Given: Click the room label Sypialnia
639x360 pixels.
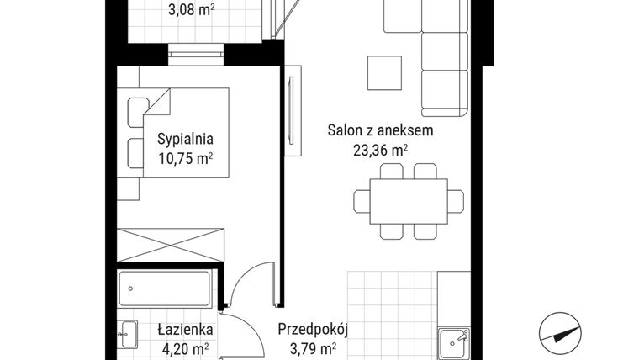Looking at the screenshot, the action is point(186,140).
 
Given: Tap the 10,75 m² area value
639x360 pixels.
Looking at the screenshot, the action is point(186,158).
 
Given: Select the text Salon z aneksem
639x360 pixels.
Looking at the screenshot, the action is point(380,130).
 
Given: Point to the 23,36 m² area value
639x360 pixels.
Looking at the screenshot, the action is point(380,151).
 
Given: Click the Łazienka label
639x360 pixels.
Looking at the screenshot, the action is point(186,330).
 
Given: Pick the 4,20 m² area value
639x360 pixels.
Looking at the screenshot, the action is point(186,349).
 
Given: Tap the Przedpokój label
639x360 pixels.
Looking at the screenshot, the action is point(313,330).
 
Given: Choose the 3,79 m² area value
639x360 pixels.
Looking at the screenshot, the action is point(313,349).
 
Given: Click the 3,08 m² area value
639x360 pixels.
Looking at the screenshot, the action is point(192,9).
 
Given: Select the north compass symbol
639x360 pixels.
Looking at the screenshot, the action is point(560,333).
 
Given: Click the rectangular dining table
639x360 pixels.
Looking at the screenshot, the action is point(409,201).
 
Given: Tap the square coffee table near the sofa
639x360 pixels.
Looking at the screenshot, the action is point(384,73).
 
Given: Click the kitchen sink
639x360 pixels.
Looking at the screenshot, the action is point(454,341).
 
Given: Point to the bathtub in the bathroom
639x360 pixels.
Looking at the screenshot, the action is point(164,289).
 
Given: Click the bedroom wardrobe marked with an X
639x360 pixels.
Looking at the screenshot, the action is point(171,245).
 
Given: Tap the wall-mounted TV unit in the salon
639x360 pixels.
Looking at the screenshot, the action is point(293,110).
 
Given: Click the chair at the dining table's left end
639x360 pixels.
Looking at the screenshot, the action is point(362,201).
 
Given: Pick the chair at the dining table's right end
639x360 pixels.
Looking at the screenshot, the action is point(455,201).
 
